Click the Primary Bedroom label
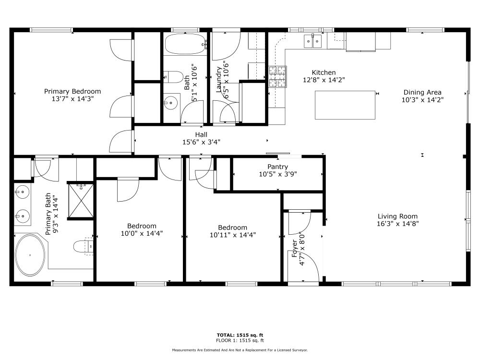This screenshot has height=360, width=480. point(72,91)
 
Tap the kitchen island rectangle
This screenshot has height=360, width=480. point(345,105)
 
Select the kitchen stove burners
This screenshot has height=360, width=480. point(277,76)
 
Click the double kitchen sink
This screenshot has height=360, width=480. point(312,41)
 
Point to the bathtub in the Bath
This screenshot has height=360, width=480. point(185,44)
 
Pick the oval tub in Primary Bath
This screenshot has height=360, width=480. point(30,255)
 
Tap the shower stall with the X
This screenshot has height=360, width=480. point(81,201)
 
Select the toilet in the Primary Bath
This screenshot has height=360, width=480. point(83,246)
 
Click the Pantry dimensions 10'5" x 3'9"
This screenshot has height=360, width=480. point(277,174)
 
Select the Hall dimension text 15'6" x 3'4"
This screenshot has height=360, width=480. point(202,142)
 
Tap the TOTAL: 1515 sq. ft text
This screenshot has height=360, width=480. point(240,335)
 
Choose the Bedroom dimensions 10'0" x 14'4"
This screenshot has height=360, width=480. point(142,234)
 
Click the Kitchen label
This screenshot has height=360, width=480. point(324,72)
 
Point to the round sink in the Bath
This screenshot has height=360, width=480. point(170,103)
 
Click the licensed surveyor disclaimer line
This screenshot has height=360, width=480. point(240,350)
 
